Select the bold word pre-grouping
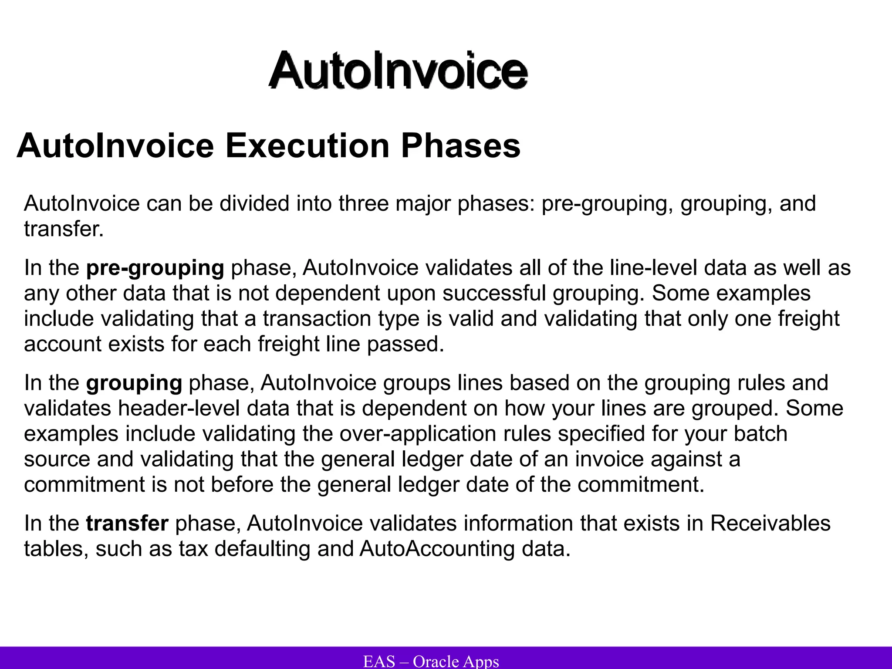(x=155, y=268)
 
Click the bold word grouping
(x=134, y=383)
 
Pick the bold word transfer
(x=127, y=523)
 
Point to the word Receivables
(x=770, y=523)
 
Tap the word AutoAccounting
(x=437, y=548)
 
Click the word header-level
(x=179, y=409)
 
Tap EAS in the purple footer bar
(x=379, y=661)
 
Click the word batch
(x=760, y=434)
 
